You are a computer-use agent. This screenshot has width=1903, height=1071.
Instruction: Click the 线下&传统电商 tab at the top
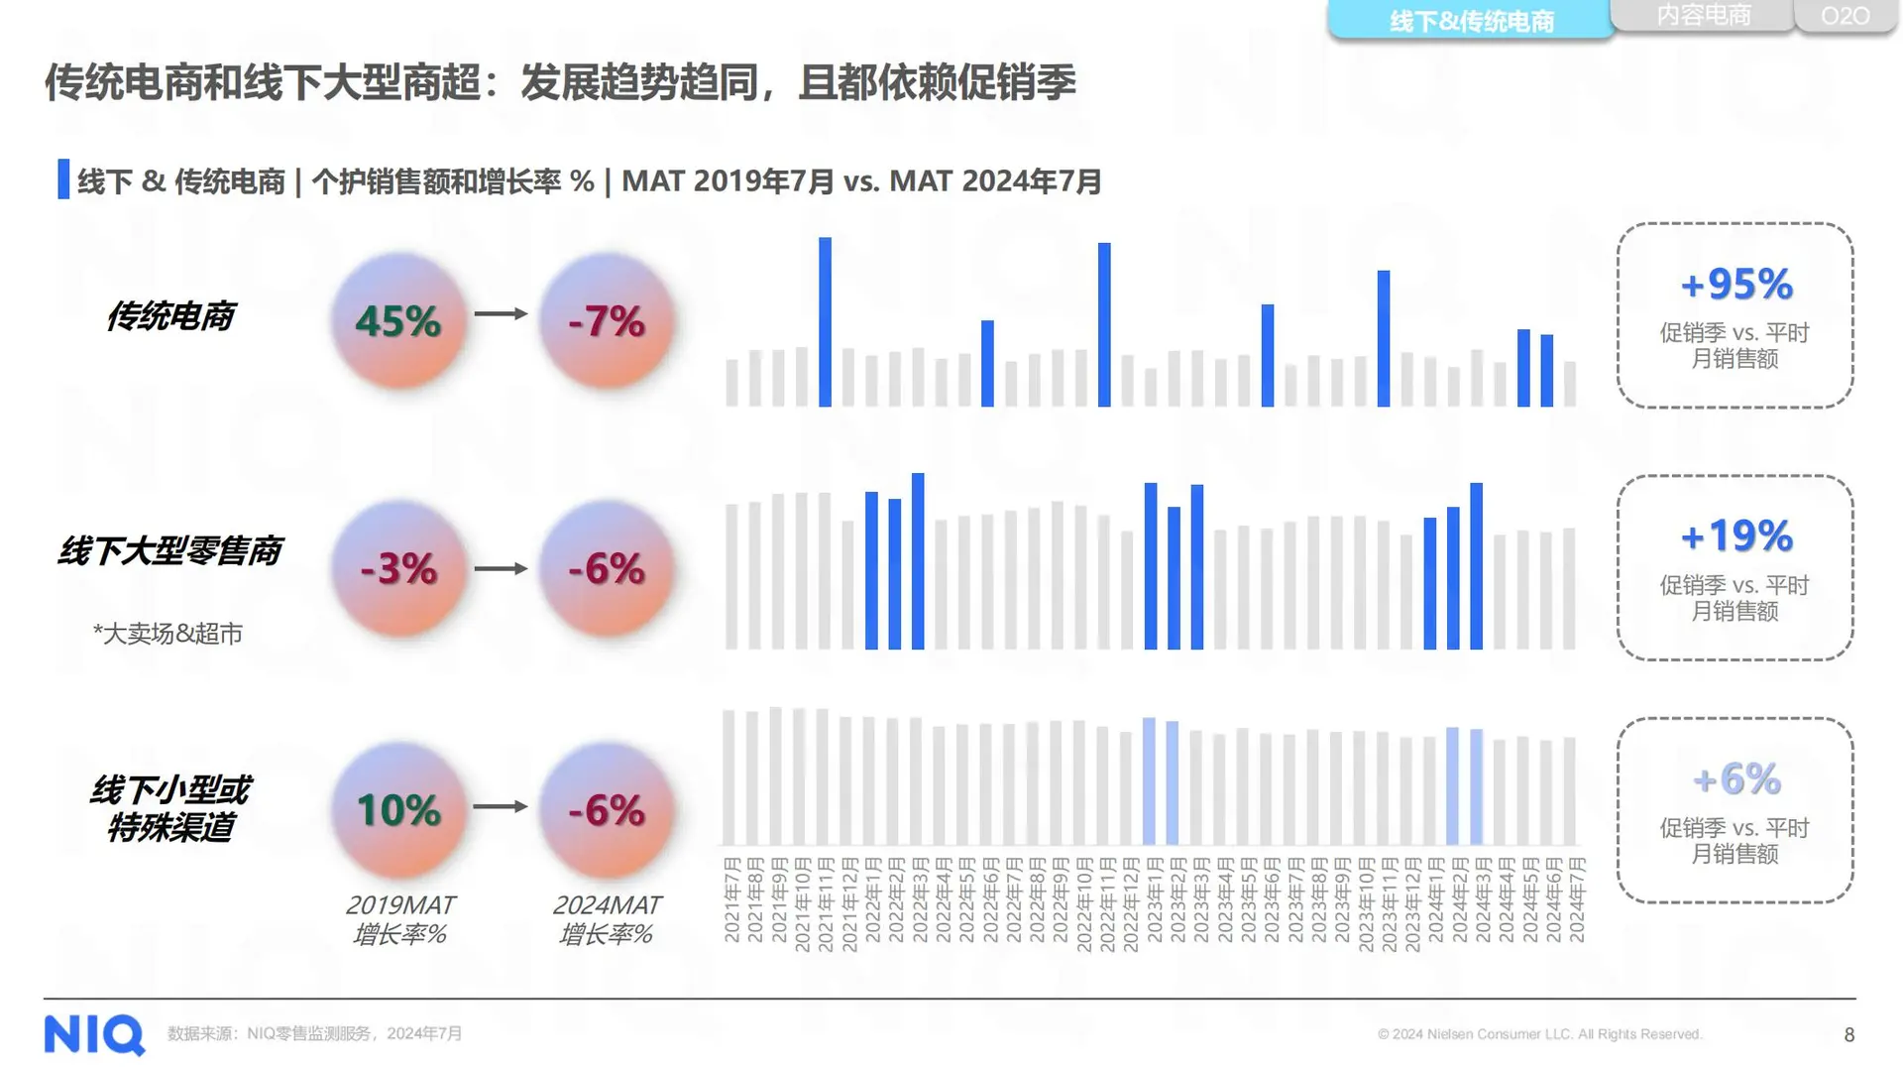click(x=1471, y=21)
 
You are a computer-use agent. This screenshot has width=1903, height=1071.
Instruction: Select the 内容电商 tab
click(x=1703, y=15)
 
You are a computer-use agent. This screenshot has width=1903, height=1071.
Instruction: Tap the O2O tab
click(x=1845, y=16)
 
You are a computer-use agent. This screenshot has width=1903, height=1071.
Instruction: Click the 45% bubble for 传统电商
click(x=398, y=320)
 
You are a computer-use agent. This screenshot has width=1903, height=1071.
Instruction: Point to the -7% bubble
click(x=607, y=320)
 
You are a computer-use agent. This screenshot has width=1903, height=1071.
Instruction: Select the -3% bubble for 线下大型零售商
click(x=398, y=568)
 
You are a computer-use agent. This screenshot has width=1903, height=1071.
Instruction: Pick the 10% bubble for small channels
click(x=398, y=810)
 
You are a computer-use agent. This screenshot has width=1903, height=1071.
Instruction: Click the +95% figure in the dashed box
click(x=1736, y=285)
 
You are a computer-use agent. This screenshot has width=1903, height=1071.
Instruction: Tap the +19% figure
click(x=1736, y=536)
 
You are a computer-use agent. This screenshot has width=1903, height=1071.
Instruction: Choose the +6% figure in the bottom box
click(x=1736, y=779)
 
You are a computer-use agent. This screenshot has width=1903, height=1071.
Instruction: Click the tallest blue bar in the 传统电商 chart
click(x=825, y=322)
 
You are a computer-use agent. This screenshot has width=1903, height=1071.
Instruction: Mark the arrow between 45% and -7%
click(x=501, y=313)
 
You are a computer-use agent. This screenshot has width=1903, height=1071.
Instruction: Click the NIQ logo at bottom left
click(x=94, y=1034)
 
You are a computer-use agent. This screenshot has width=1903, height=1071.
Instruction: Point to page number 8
click(x=1848, y=1034)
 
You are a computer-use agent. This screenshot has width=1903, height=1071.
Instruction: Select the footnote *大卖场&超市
click(x=168, y=634)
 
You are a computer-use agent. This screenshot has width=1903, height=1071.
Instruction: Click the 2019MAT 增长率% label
click(x=399, y=919)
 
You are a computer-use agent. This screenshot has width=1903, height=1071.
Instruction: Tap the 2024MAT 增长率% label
click(x=606, y=919)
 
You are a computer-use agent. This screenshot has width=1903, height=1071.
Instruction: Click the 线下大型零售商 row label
click(x=169, y=550)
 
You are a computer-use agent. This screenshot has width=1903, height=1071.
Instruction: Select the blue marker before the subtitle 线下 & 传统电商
click(x=63, y=179)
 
